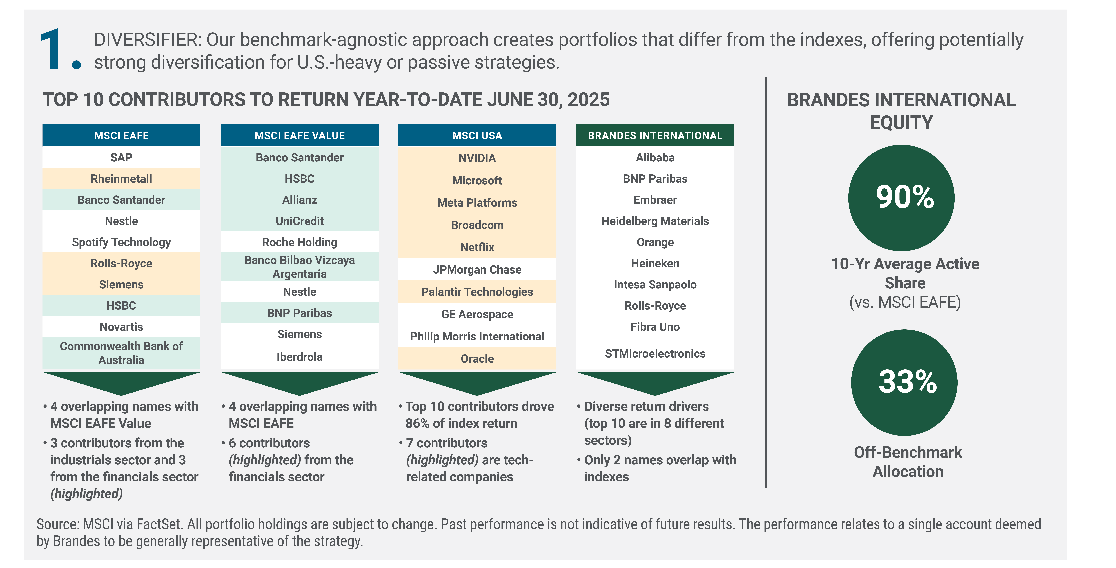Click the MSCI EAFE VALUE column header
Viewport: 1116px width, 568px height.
tap(299, 135)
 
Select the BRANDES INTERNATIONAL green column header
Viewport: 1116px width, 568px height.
tap(655, 135)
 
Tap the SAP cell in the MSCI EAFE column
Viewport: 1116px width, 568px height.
tap(121, 157)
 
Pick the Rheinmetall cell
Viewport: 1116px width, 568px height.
tap(121, 179)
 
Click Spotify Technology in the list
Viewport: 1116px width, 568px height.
tap(121, 242)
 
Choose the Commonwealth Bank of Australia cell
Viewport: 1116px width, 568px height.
tap(121, 353)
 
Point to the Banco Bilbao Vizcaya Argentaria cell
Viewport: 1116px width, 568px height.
tap(299, 267)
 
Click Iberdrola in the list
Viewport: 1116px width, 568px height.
tap(299, 357)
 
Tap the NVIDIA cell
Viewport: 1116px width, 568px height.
tap(477, 158)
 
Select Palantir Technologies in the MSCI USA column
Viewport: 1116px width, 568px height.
tap(477, 292)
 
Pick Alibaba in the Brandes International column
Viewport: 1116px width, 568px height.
tap(655, 157)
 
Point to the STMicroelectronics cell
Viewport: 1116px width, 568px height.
tap(655, 353)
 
